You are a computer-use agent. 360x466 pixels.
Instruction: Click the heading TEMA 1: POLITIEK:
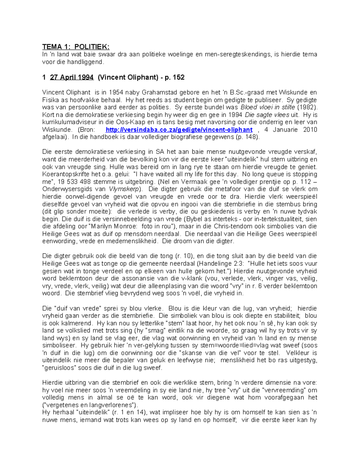tap(76, 47)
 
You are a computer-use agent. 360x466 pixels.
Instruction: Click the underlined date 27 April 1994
tap(72, 77)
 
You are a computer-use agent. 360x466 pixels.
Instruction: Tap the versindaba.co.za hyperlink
tap(179, 130)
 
